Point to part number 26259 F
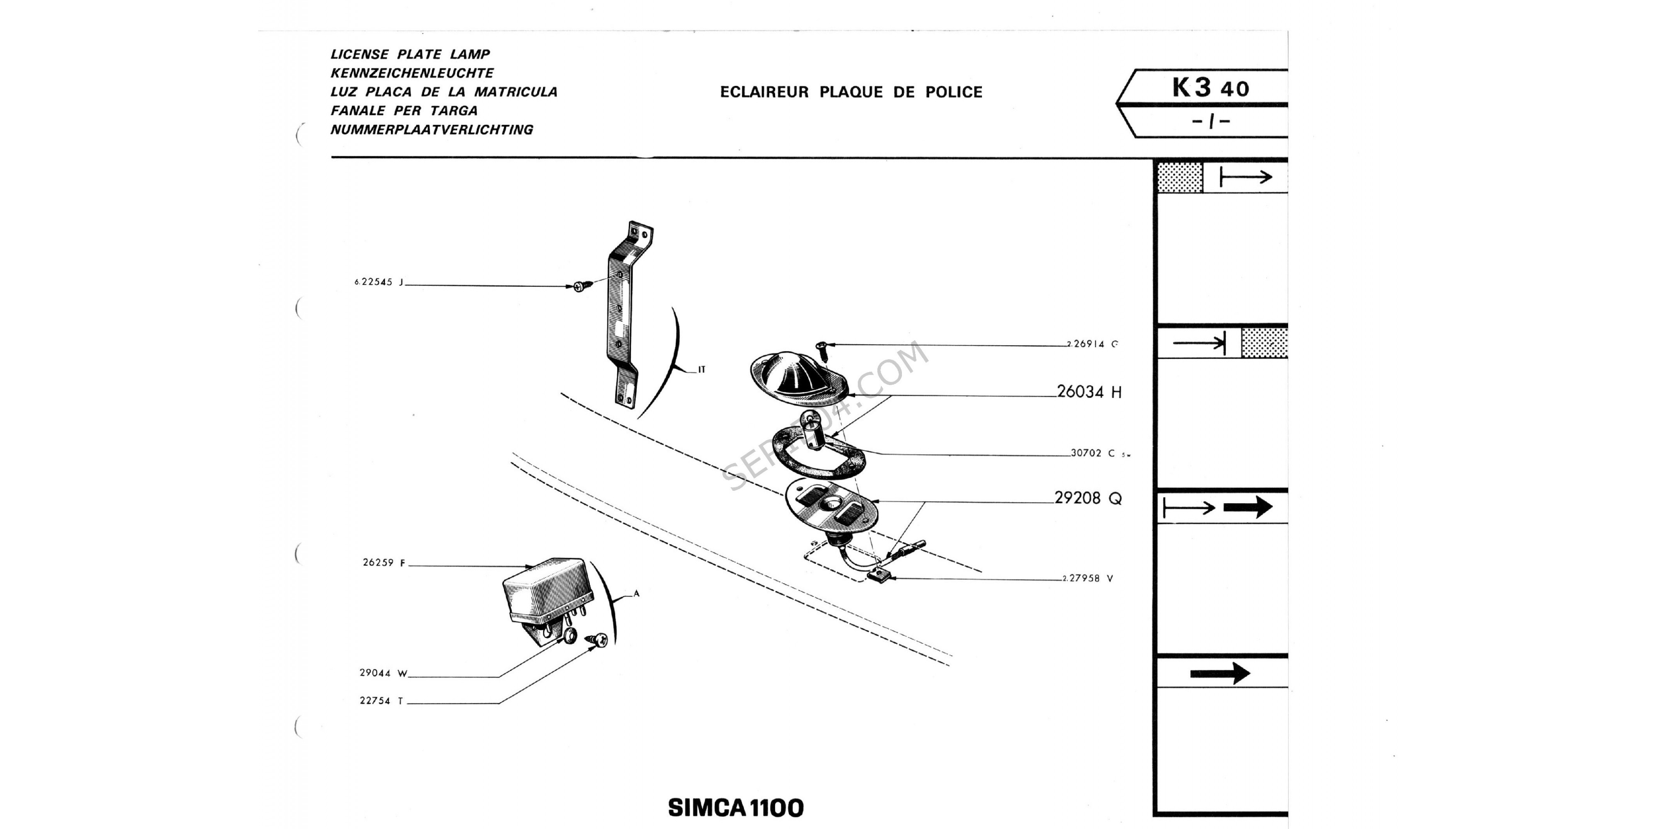[383, 562]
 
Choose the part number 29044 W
[383, 673]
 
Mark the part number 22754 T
[381, 701]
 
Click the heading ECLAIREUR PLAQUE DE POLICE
[851, 92]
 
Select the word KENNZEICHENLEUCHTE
[412, 73]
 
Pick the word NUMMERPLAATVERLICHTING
[431, 129]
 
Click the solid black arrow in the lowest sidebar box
[1220, 673]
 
